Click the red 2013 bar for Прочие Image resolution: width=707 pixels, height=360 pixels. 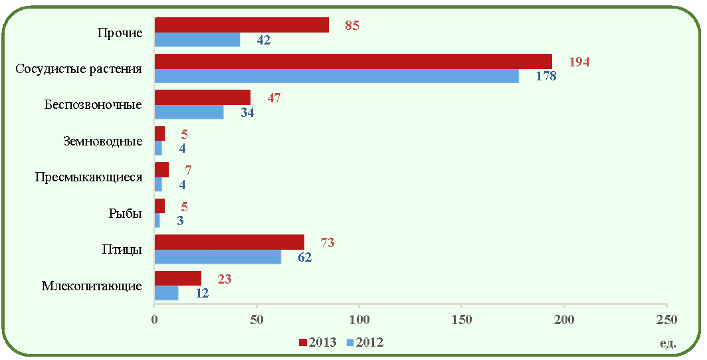point(242,25)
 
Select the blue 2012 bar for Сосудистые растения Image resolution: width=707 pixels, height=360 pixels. point(337,76)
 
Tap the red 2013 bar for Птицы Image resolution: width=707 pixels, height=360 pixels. point(229,242)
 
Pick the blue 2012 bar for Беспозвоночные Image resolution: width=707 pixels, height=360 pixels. point(189,112)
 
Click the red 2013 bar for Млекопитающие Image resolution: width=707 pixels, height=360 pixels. point(178,278)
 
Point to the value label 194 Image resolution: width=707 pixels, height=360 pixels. point(579,62)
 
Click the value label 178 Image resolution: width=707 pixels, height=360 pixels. point(546,76)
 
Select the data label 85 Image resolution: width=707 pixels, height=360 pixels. point(352,25)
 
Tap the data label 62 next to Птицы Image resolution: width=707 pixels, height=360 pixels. point(304,257)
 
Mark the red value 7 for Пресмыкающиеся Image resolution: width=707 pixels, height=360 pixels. point(188,171)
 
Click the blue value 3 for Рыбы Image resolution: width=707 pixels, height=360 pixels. point(180,221)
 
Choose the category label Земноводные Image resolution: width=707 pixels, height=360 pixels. point(104,141)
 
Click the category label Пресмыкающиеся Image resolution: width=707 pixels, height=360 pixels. point(89,177)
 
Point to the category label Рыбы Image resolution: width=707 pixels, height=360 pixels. point(126,213)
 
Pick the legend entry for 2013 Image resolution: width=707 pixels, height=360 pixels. point(318,343)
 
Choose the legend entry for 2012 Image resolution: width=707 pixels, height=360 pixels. point(365,343)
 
